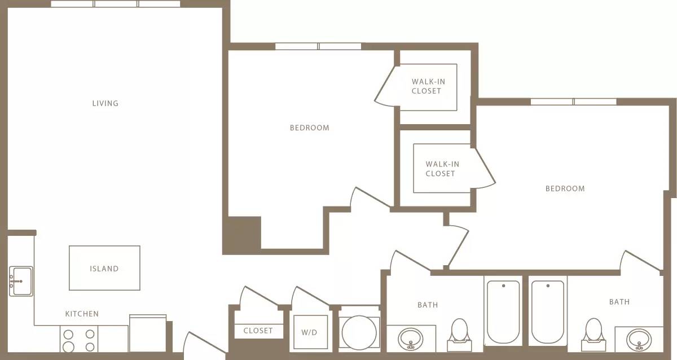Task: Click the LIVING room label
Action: pyautogui.click(x=105, y=103)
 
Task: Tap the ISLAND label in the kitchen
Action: pyautogui.click(x=104, y=269)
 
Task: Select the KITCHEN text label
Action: pyautogui.click(x=82, y=314)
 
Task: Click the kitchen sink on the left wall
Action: pyautogui.click(x=20, y=281)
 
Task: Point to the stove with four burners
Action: pyautogui.click(x=78, y=340)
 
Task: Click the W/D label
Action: pyautogui.click(x=310, y=332)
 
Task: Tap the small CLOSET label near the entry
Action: pyautogui.click(x=258, y=331)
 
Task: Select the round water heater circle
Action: pyautogui.click(x=359, y=332)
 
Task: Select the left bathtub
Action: pyautogui.click(x=503, y=311)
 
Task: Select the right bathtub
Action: pyautogui.click(x=547, y=311)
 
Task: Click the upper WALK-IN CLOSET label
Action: pyautogui.click(x=428, y=86)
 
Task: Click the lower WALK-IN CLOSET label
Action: pyautogui.click(x=442, y=169)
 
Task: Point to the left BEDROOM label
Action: pyautogui.click(x=309, y=128)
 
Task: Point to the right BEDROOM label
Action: pyautogui.click(x=565, y=188)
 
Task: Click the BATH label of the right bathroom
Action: pyautogui.click(x=619, y=302)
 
